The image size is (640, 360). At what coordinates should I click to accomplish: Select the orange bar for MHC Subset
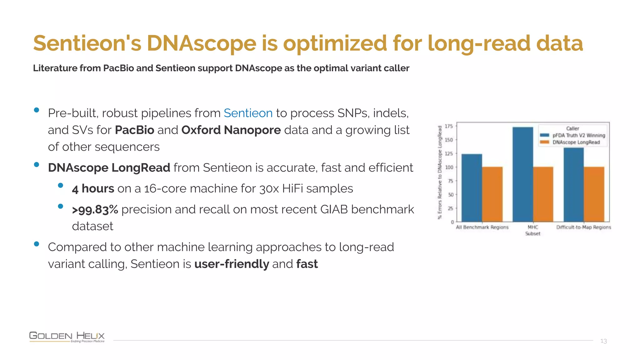(543, 194)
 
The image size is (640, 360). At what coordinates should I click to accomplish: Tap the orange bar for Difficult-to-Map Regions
(594, 194)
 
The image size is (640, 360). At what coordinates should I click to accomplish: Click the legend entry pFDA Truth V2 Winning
(578, 135)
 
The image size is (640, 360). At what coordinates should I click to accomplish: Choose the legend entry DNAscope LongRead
(576, 142)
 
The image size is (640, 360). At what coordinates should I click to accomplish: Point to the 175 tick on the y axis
(449, 126)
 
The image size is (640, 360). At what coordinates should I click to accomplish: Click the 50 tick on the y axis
(450, 195)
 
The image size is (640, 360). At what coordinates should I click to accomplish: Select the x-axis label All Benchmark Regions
(482, 227)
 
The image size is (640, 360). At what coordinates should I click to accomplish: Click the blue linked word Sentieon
(248, 113)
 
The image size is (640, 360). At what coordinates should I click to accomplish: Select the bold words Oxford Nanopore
(231, 130)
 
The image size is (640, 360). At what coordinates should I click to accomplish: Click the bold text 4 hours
(93, 189)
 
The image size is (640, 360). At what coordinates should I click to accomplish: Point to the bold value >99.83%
(95, 210)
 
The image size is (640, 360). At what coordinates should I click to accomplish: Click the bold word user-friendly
(232, 264)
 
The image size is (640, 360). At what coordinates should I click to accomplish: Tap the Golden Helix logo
(67, 337)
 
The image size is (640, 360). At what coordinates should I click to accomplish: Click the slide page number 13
(603, 341)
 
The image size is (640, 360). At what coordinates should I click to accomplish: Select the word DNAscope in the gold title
(202, 43)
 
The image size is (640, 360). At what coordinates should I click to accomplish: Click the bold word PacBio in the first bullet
(134, 130)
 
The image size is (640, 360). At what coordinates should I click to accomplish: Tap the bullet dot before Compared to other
(37, 244)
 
